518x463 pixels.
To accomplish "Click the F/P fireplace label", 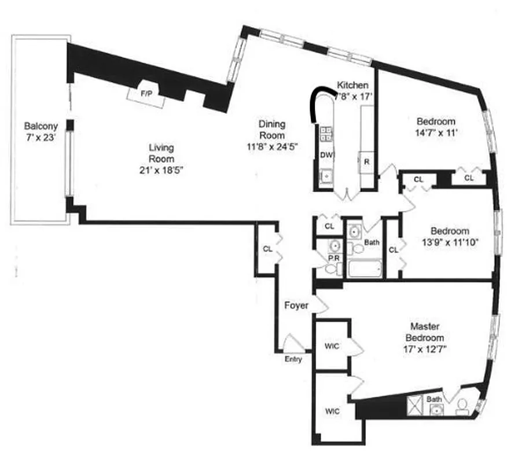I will point(146,94).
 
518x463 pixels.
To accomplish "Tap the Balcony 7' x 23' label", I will point(39,131).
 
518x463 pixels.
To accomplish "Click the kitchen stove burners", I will point(326,134).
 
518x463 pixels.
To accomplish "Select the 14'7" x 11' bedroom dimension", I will point(436,133).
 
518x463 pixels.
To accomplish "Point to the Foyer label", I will point(296,305).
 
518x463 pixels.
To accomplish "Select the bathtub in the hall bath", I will point(365,269).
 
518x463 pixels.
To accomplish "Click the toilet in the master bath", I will point(462,407).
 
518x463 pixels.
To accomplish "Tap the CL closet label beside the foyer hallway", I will point(267,249).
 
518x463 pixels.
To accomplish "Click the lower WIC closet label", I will point(332,411).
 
